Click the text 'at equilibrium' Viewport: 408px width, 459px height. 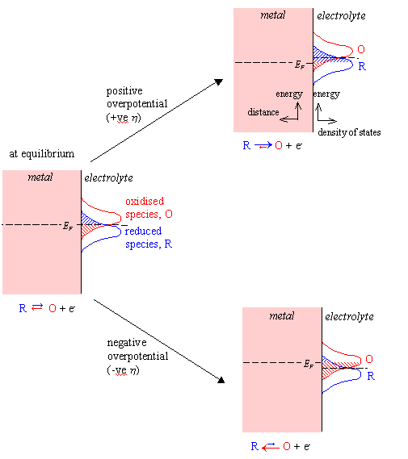tap(42, 154)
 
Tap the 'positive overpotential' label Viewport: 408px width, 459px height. tap(137, 97)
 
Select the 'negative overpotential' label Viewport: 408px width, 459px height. tap(137, 349)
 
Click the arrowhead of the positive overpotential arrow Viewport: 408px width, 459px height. tap(219, 81)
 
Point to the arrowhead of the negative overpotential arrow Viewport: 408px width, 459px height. tap(221, 380)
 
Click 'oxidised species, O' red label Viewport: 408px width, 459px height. tap(149, 207)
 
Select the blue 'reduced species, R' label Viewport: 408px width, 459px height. tap(149, 237)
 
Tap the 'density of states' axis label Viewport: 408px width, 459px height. tap(349, 132)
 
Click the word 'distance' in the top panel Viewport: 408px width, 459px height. tap(263, 112)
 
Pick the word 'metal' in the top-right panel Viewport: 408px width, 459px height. tap(272, 15)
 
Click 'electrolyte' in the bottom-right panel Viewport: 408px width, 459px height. tap(349, 316)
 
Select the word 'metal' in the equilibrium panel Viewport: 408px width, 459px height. tap(40, 177)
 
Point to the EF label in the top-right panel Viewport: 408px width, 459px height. tap(300, 65)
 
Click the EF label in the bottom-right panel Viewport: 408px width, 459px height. tap(309, 364)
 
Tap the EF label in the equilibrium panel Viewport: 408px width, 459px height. tap(68, 226)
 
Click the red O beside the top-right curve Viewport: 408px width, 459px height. tap(361, 49)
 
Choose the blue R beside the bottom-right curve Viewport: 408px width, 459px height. tap(371, 376)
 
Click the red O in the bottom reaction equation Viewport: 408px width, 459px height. tap(287, 446)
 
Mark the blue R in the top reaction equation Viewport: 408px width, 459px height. tap(246, 145)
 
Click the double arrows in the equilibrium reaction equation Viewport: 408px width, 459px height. tap(37, 307)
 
